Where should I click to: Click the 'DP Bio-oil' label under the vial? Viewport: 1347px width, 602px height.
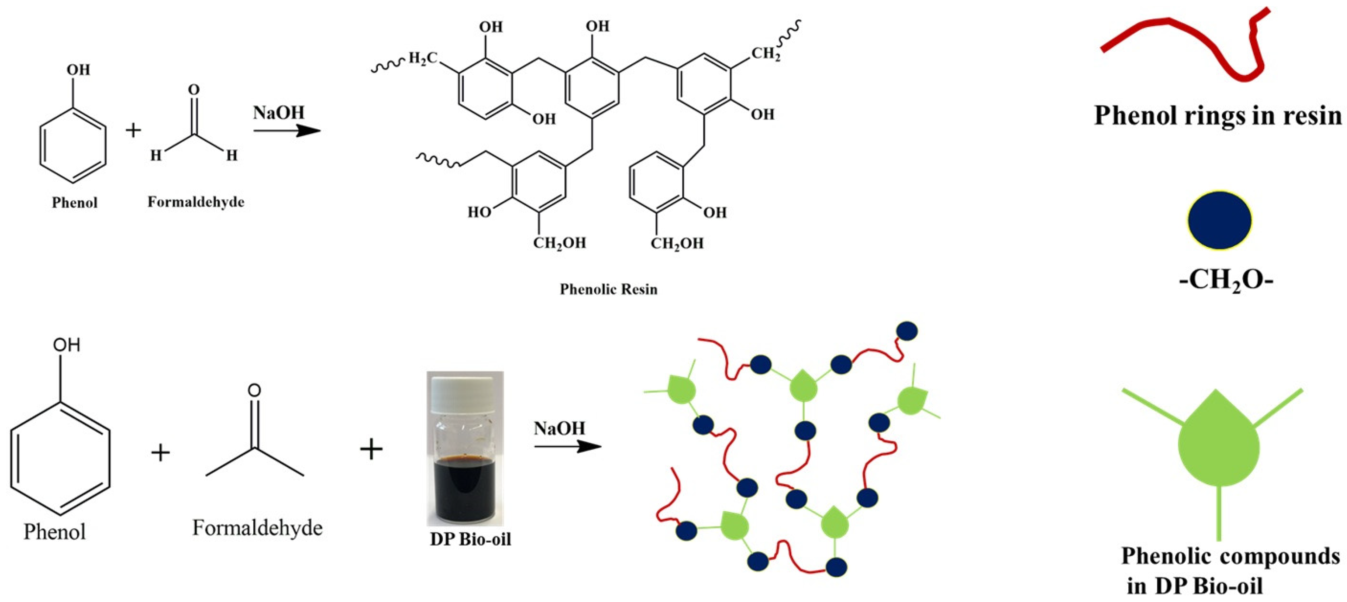pos(470,539)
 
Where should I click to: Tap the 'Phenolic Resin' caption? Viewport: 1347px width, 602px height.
pos(608,289)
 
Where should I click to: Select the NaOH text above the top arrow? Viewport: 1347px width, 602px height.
pos(279,112)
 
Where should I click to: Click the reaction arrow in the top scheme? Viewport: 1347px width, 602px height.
pos(287,130)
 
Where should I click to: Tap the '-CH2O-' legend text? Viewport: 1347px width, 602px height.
pos(1226,281)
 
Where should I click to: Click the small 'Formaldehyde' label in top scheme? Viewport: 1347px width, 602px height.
pos(196,202)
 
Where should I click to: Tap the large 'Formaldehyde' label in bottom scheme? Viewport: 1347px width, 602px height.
pos(257,528)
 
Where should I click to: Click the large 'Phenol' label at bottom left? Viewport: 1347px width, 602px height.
pos(55,532)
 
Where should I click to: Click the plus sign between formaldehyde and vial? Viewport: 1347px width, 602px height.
pos(371,449)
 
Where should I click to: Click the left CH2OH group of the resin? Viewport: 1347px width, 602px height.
pos(560,243)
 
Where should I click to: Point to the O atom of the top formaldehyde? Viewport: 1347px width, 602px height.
pos(193,90)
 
